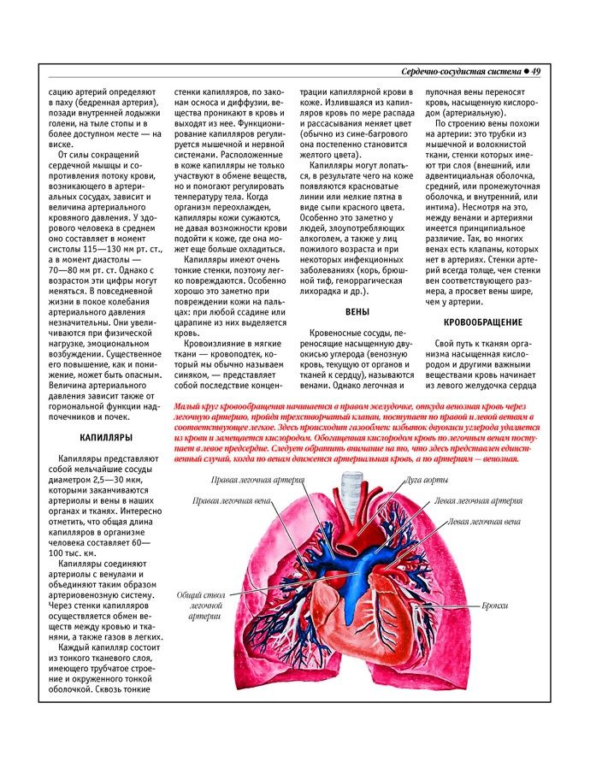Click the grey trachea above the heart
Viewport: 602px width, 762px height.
click(351, 490)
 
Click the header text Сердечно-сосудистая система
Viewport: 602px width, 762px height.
click(460, 71)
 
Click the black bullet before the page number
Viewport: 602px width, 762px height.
click(524, 71)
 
